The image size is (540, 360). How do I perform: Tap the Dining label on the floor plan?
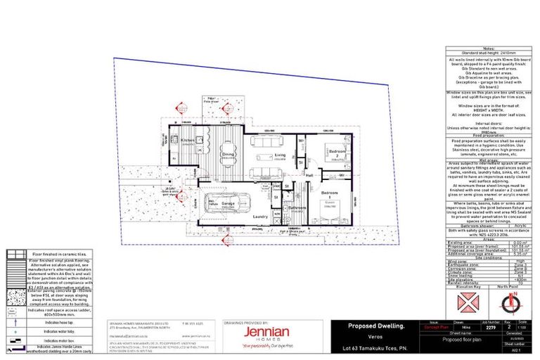(228, 154)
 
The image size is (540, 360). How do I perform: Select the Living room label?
(279, 155)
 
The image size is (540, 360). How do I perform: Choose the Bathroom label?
(296, 207)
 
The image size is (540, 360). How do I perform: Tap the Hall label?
(309, 175)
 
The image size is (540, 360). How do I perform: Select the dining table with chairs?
(228, 157)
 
